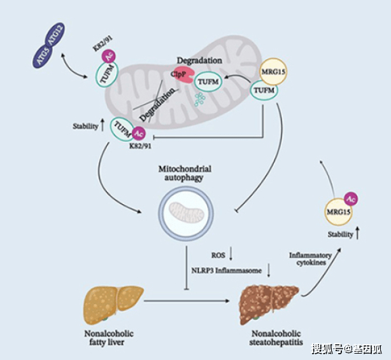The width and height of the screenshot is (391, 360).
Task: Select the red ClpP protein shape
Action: click(x=178, y=75)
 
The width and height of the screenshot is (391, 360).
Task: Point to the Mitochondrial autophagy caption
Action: click(x=185, y=174)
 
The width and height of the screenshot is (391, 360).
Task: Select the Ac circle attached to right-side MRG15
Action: click(x=351, y=198)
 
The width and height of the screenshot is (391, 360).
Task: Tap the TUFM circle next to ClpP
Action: click(x=205, y=83)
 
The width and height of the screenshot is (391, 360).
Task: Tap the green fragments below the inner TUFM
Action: click(x=201, y=99)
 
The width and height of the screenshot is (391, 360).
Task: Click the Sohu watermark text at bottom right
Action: click(x=346, y=348)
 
